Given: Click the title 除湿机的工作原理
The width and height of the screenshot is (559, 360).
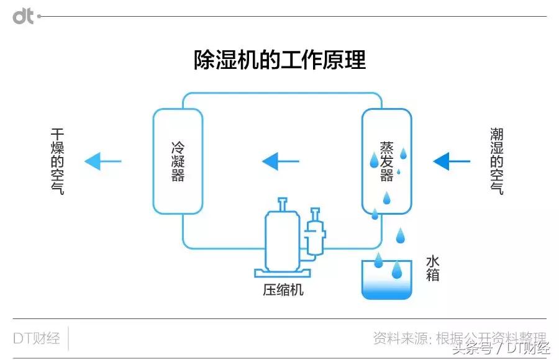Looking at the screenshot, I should (x=279, y=60).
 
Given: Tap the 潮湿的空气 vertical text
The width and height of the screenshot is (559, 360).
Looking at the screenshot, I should (x=496, y=161).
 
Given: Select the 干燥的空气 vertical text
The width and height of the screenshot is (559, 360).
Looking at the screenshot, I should (x=57, y=161).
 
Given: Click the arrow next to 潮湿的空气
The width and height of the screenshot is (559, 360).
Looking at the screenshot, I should (x=452, y=162).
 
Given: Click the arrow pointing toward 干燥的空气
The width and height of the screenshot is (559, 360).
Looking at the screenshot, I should (x=102, y=162).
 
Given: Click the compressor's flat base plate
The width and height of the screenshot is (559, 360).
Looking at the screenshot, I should (x=283, y=272).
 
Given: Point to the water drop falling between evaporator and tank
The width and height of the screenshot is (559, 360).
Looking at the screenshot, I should (x=401, y=235).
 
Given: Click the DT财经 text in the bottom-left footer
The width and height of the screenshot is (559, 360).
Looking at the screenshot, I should (x=37, y=338).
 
